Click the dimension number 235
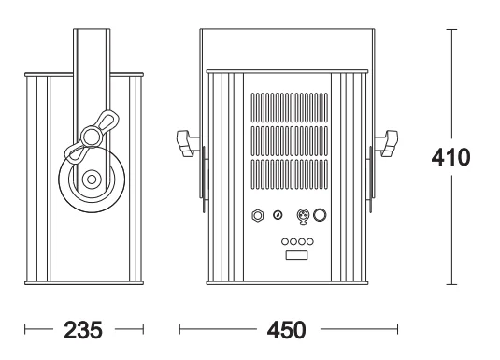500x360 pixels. pos(83,330)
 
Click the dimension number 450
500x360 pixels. pos(286,330)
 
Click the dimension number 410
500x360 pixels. pos(450,157)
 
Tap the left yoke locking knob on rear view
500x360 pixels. pos(186,143)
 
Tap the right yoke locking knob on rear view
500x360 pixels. pos(387,143)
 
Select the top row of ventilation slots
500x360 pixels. pos(289,108)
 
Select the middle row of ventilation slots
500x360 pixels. pos(289,141)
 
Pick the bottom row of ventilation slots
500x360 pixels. pos(289,174)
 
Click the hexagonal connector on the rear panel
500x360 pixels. pos(258,215)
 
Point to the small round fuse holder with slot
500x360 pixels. pos(278,215)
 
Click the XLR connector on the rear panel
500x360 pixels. pos(303,216)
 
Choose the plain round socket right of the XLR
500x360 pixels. pos(320,215)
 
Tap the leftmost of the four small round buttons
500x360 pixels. pos(285,241)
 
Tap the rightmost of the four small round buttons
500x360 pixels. pos(310,241)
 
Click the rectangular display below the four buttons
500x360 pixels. pos(296,255)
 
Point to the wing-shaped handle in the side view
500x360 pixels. pos(92,137)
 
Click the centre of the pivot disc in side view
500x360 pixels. pos(92,180)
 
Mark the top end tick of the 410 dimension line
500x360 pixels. pos(451,29)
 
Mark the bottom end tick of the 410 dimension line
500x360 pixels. pos(451,284)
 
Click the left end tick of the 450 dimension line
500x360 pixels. pos(179,329)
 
